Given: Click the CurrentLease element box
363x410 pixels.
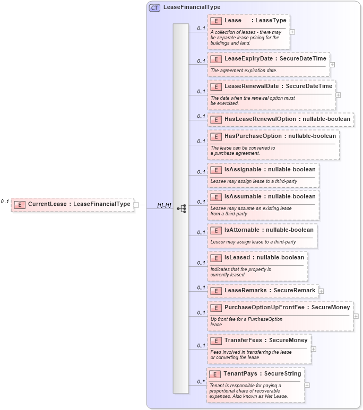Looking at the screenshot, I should [72, 204].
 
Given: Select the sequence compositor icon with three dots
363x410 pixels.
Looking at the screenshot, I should [181, 208].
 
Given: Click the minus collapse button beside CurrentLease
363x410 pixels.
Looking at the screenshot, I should [136, 204].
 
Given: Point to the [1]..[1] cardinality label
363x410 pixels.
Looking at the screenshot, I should [164, 205].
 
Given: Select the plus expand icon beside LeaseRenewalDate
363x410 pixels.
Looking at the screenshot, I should [338, 95].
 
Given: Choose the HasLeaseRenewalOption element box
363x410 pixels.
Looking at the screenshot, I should [281, 119].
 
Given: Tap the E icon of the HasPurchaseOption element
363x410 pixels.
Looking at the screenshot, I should [216, 136].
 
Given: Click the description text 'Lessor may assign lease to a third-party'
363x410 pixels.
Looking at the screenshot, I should [253, 241].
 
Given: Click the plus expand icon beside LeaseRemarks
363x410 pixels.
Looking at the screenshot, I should [321, 291].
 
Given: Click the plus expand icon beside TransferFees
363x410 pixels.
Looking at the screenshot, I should [314, 349].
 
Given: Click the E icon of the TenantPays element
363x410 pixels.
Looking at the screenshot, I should [215, 374].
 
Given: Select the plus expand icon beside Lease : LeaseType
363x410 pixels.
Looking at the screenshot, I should [292, 31].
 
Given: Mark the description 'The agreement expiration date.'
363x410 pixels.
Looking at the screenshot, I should [244, 70].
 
